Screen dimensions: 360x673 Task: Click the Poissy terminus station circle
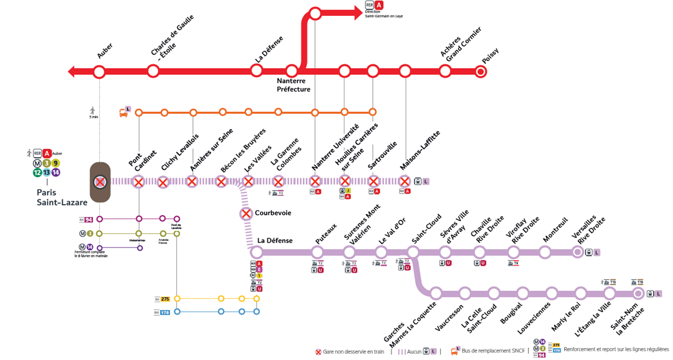coord(481,72)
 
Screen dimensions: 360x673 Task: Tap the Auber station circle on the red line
coord(99,72)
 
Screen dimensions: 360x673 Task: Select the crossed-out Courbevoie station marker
coord(246,214)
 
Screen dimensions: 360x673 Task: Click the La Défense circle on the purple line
coord(256,252)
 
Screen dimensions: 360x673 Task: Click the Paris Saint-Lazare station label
coord(54,197)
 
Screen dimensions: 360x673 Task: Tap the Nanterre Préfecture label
coord(293,85)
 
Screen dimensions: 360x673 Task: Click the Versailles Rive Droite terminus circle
coord(578,252)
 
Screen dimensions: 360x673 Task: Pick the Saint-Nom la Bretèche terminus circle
coord(638,294)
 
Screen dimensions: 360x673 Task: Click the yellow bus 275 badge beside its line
coord(165,299)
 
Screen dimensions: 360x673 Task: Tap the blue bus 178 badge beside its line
coord(165,312)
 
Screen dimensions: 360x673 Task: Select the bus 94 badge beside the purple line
coord(88,219)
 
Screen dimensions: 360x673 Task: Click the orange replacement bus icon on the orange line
coord(124,113)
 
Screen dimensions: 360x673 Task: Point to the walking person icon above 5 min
coord(93,110)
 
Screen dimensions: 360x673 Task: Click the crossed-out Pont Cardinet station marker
coord(138,182)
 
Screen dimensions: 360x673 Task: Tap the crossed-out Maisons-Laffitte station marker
coord(405,182)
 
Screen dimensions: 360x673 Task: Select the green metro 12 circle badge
coord(37,173)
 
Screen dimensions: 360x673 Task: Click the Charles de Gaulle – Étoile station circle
coord(153,72)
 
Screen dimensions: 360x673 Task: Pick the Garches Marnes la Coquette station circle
coord(436,294)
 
